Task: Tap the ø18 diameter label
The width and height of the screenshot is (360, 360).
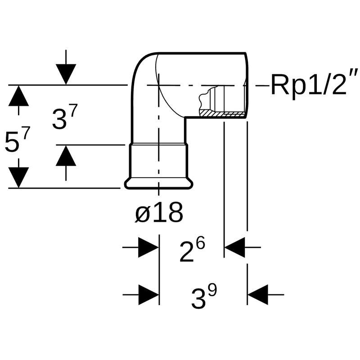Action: click(159, 213)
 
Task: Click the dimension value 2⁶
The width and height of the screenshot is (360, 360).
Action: click(192, 251)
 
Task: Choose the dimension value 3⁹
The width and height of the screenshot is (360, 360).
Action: click(204, 298)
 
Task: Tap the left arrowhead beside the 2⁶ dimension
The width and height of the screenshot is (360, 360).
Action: click(148, 247)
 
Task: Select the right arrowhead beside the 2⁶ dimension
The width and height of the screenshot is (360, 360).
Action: click(234, 247)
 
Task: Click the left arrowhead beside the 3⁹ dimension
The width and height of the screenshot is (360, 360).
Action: click(148, 295)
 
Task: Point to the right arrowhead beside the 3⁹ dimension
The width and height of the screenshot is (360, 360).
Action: click(258, 295)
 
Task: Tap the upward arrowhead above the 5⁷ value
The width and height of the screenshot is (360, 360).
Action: click(18, 96)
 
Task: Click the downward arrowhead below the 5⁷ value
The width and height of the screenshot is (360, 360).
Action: click(18, 177)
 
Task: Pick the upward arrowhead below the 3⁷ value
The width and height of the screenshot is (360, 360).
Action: click(66, 156)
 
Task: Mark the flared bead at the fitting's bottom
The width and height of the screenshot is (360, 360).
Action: click(159, 183)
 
